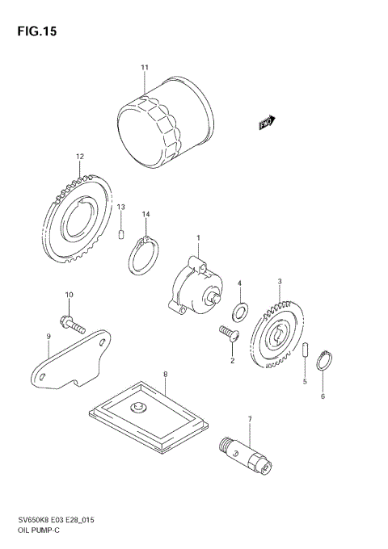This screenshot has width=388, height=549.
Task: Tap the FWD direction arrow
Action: (268, 122)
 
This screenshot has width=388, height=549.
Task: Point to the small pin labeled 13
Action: (121, 235)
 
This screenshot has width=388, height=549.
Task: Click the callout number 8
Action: (165, 375)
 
